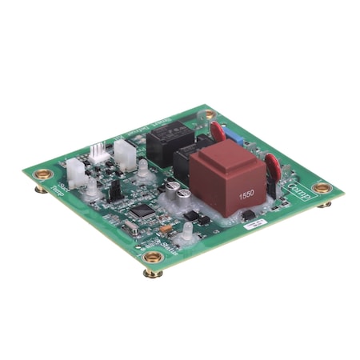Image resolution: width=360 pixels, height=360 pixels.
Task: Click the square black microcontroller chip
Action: [x=143, y=212]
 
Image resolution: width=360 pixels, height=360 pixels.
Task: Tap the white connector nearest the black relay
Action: [x=125, y=152]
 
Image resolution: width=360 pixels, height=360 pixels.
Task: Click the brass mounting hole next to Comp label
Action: [x=322, y=188]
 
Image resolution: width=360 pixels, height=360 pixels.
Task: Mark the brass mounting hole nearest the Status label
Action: [x=152, y=258]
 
